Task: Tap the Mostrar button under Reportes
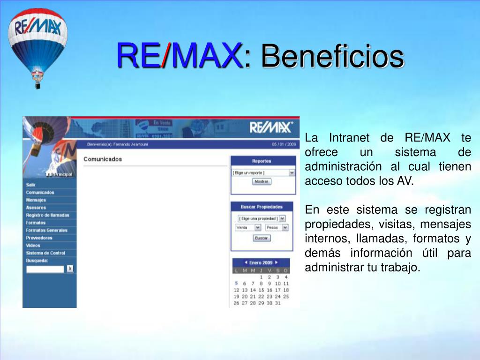pos(262,181)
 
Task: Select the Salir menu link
pos(31,185)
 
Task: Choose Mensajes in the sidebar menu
pos(36,200)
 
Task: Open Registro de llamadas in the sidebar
pos(47,215)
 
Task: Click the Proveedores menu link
pos(39,238)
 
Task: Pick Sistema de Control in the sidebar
pos(45,253)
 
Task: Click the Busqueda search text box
pos(45,269)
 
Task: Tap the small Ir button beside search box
pos(70,269)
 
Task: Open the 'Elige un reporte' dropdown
pos(263,172)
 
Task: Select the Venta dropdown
pos(248,227)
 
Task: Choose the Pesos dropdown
pos(277,227)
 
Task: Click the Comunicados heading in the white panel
pos(103,159)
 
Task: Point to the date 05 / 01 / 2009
pos(284,144)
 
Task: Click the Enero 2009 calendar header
pos(261,262)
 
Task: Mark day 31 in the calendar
pos(277,303)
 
